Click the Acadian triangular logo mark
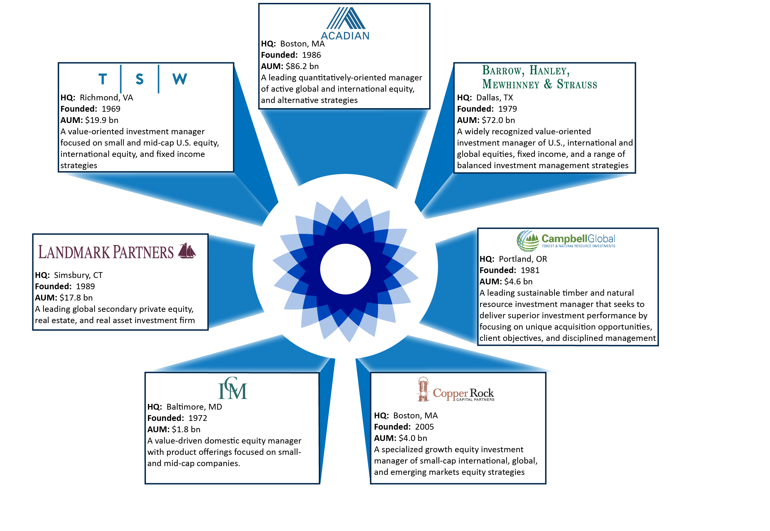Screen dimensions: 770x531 [346, 18]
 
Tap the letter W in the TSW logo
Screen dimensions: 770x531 [180, 79]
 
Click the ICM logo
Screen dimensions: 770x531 [233, 388]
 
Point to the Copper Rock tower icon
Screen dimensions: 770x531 [423, 389]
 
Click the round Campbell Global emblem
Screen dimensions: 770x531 [528, 241]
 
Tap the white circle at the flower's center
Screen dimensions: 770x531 [346, 269]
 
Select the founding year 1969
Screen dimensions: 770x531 [111, 109]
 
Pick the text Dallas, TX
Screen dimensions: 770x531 [495, 97]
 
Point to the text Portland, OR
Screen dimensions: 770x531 [523, 259]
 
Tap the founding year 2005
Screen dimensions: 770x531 [424, 427]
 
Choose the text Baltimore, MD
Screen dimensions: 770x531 [194, 407]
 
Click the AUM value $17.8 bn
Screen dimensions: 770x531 [76, 298]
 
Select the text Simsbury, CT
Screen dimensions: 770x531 [78, 275]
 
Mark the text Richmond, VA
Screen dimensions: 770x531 [106, 97]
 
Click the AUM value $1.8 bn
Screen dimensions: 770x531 [186, 430]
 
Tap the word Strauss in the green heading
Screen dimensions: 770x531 [577, 84]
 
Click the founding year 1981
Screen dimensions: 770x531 [530, 270]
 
